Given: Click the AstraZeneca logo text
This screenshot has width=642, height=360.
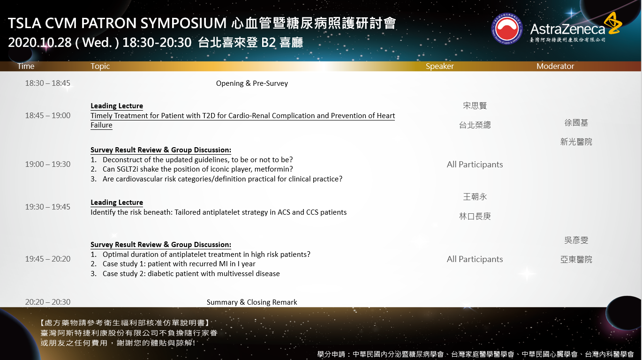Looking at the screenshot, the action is [x=567, y=29].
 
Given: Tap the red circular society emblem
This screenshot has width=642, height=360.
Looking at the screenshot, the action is [x=507, y=29].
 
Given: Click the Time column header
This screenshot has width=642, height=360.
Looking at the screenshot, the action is [x=26, y=66].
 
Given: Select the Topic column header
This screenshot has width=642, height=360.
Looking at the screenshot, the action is [x=100, y=66].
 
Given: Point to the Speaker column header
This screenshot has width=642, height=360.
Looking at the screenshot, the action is [x=440, y=66].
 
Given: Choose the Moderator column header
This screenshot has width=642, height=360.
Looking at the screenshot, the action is [x=555, y=66].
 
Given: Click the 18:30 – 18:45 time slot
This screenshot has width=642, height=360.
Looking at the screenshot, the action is [x=47, y=83].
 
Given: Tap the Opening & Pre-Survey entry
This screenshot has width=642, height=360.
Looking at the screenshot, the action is [x=252, y=83].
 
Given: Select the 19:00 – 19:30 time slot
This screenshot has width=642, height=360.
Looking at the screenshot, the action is [x=47, y=164].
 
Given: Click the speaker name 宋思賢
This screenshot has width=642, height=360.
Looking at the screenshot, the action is [x=475, y=105].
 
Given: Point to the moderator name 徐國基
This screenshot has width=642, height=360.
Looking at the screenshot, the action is [x=576, y=123].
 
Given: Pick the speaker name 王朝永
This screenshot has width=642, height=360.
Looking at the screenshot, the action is [x=475, y=197].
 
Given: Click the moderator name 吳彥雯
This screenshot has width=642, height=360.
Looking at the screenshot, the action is [x=576, y=240].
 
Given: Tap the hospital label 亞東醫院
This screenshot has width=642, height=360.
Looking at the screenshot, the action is [x=576, y=260].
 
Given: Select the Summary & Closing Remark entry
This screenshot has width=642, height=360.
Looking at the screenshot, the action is [x=252, y=302].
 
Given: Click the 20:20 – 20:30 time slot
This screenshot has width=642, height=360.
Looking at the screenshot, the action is [x=47, y=302].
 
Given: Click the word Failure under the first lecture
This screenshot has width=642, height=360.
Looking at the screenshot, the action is [x=101, y=125].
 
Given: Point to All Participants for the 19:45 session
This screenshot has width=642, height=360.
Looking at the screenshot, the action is [x=475, y=259].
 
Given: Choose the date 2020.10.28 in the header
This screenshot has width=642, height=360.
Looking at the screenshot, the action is [x=39, y=43].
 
